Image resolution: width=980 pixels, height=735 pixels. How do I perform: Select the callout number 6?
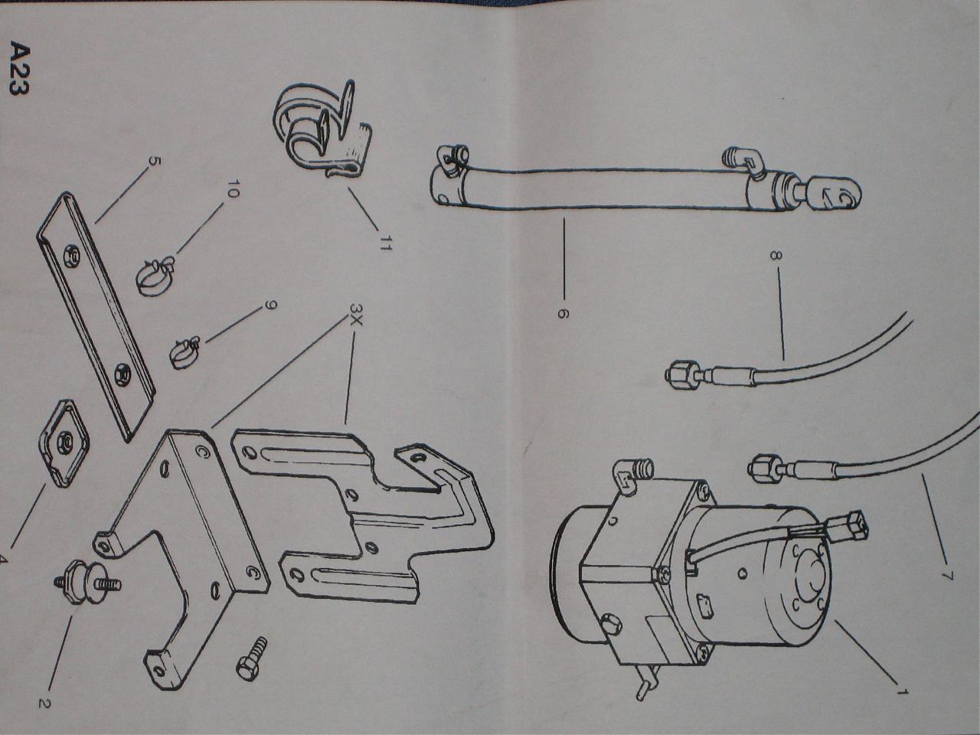(x=563, y=314)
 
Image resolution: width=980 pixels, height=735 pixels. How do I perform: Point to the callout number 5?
(x=152, y=161)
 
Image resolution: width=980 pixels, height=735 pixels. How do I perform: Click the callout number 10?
(x=233, y=188)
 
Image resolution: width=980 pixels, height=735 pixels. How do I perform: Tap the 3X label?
(x=356, y=315)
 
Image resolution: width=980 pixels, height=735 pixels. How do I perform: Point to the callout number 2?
(x=44, y=704)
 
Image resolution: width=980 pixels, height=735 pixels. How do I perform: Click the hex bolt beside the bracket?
(x=251, y=658)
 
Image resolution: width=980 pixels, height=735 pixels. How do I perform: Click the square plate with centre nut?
(x=64, y=443)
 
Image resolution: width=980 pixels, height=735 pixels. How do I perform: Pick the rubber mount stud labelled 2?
(x=87, y=583)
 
